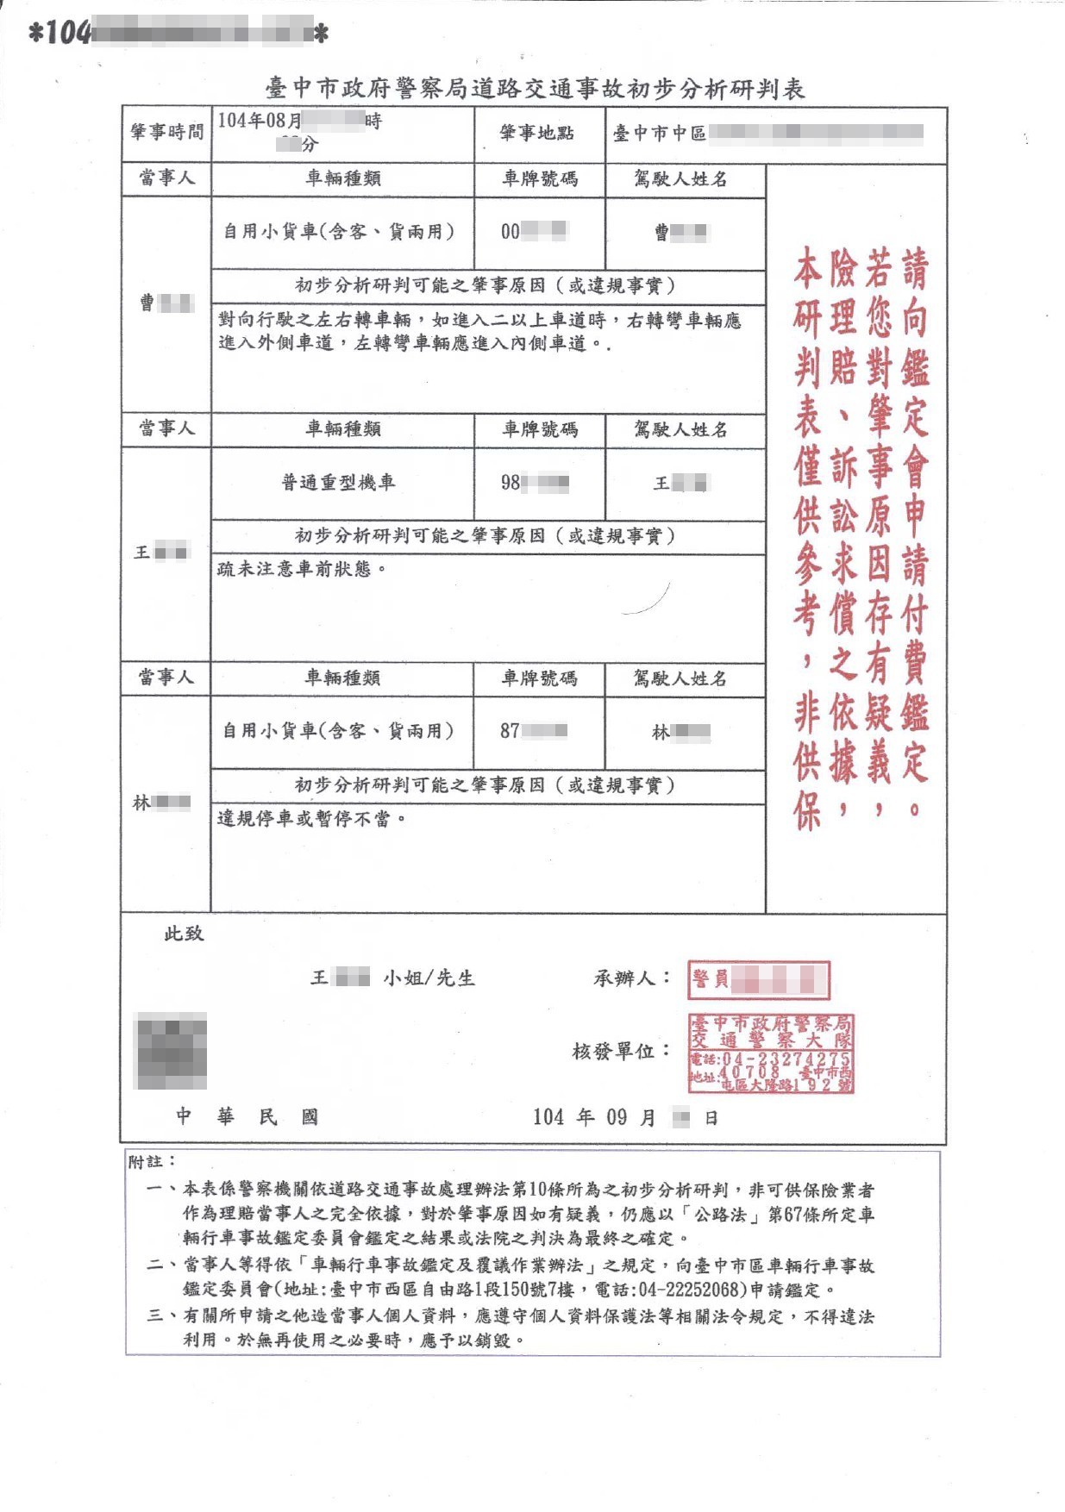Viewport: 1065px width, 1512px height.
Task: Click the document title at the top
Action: coord(535,89)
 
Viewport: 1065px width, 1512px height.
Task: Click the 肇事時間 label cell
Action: coord(167,132)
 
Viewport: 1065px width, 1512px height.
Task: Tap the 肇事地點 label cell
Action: coord(536,133)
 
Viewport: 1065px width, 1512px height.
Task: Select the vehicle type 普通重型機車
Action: coord(339,483)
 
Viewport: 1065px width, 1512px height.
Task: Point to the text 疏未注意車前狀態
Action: coord(298,569)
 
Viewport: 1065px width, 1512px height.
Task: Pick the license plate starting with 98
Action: coord(535,483)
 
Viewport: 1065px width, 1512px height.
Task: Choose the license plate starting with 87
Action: coord(534,731)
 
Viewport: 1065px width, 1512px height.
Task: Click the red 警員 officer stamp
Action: coord(758,979)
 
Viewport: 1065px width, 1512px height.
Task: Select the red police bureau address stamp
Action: coord(770,1053)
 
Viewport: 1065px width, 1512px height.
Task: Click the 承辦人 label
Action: coord(631,978)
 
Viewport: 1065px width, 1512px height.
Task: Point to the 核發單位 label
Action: coord(621,1051)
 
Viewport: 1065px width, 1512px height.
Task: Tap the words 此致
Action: coord(184,934)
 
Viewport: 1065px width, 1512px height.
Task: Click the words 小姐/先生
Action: coord(429,978)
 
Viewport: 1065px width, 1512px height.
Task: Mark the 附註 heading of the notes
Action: coord(152,1162)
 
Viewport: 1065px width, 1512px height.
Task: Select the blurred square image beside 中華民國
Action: coord(172,1051)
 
